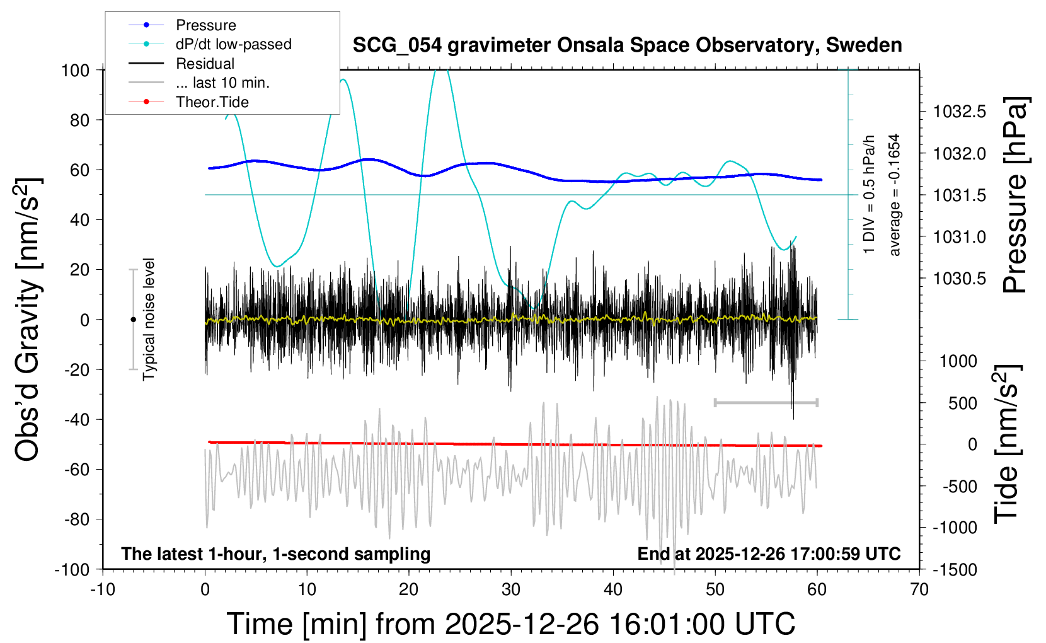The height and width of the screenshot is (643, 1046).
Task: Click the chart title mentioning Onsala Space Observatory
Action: point(627,45)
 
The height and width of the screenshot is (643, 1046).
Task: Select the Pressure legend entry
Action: point(205,25)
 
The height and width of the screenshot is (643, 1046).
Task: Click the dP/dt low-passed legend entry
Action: point(233,44)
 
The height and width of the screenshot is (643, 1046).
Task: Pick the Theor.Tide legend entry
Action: point(212,102)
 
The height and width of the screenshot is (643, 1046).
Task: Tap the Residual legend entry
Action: point(205,64)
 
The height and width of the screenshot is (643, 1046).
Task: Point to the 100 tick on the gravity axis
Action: point(75,70)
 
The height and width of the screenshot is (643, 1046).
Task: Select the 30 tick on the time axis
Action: point(510,590)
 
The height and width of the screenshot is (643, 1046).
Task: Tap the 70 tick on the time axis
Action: point(919,590)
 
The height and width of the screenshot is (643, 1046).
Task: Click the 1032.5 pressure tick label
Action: point(959,112)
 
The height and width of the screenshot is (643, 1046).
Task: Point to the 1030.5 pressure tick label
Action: point(959,279)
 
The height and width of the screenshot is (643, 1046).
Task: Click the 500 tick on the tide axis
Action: point(962,403)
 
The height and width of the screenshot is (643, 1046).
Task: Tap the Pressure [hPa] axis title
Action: point(1015,195)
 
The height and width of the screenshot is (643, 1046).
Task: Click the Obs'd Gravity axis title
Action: point(28,320)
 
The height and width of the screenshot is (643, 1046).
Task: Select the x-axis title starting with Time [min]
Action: point(510,624)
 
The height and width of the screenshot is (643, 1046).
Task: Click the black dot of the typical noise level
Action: point(133,320)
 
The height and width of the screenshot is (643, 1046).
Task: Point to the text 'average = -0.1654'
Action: point(894,195)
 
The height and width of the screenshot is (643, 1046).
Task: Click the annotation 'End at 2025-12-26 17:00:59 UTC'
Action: point(769,554)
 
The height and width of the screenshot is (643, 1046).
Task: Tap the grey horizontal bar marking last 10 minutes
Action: point(766,402)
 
